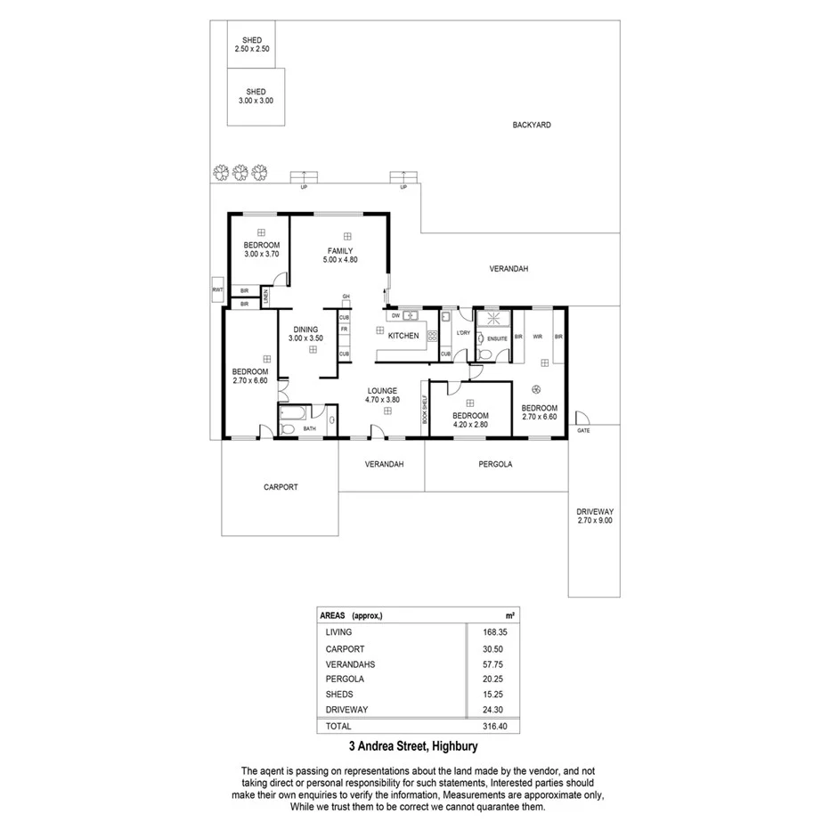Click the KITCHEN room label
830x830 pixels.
click(x=403, y=336)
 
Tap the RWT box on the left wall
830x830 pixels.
click(x=216, y=290)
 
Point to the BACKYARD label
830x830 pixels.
click(x=531, y=126)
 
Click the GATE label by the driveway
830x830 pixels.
click(x=583, y=430)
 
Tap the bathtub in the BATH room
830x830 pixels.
click(x=295, y=411)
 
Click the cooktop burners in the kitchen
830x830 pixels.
click(x=433, y=336)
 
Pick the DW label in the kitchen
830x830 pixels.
click(x=395, y=314)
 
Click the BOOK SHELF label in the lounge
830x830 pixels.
click(x=424, y=409)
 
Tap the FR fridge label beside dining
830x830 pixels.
click(x=344, y=329)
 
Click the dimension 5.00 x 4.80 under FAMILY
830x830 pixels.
click(x=339, y=260)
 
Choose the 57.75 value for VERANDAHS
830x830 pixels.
click(x=492, y=663)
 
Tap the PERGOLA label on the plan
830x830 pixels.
click(x=495, y=464)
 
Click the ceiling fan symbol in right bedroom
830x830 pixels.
click(x=537, y=387)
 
